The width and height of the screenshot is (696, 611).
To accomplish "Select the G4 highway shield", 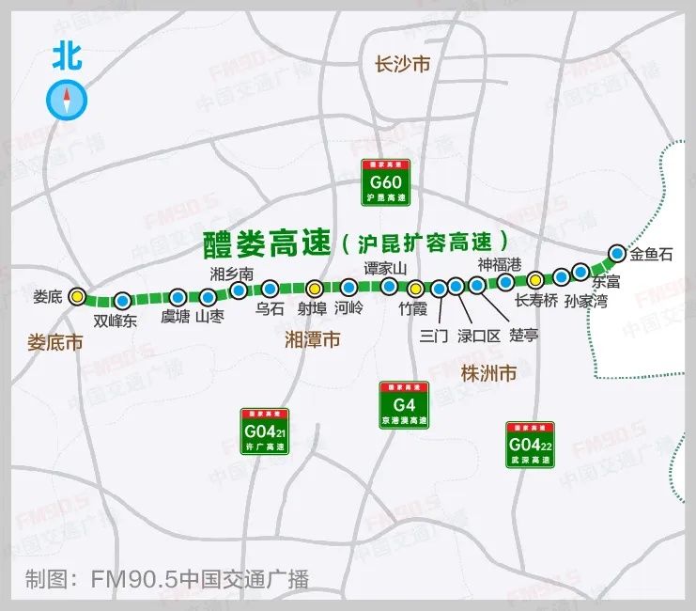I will pos(404,405).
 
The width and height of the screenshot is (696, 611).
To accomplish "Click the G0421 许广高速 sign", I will pos(265,432).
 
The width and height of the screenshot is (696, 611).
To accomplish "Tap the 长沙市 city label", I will pos(402,65).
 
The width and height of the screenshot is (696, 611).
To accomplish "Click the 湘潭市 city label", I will pos(312,341).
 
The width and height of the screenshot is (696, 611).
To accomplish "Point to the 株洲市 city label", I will pos(488,373).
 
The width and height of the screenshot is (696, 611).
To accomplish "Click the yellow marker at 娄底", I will pos(77,296).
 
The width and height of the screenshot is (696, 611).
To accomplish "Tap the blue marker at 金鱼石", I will pos(616,253).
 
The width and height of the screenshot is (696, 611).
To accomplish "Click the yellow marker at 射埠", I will pos(316,289).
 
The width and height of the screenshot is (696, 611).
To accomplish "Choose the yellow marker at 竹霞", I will pos(414,289).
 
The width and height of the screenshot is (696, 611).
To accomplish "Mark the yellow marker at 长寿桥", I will pos(534,279).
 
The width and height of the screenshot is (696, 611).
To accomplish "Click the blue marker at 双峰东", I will pos(122,301).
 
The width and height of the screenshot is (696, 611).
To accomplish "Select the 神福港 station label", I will pos(499,263).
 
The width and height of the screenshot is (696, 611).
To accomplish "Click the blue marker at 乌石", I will pos(270,289).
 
